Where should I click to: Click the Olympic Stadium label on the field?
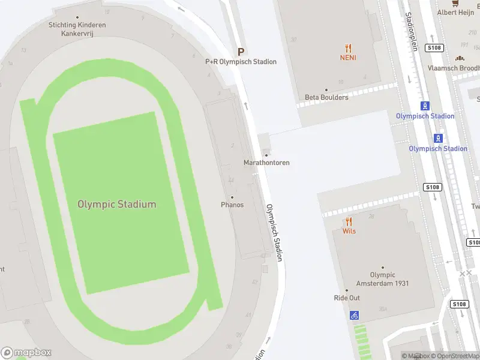point(116,204)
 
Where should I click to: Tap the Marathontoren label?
point(266,163)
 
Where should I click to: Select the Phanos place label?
point(232,205)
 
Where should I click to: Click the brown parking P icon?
point(241,52)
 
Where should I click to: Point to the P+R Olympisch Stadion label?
point(241,62)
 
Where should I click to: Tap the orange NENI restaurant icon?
point(348,48)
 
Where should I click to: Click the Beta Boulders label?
point(326,97)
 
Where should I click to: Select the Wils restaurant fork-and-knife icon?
point(349,221)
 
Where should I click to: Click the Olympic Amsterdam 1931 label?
point(382,279)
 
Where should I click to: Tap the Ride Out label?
point(347,298)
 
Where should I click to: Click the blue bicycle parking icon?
point(354,314)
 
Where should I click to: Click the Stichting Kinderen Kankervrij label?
point(77,29)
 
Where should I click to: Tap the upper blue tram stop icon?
point(425,106)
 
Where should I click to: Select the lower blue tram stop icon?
point(439,138)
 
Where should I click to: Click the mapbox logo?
point(26,353)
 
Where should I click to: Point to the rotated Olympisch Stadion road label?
point(274,232)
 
